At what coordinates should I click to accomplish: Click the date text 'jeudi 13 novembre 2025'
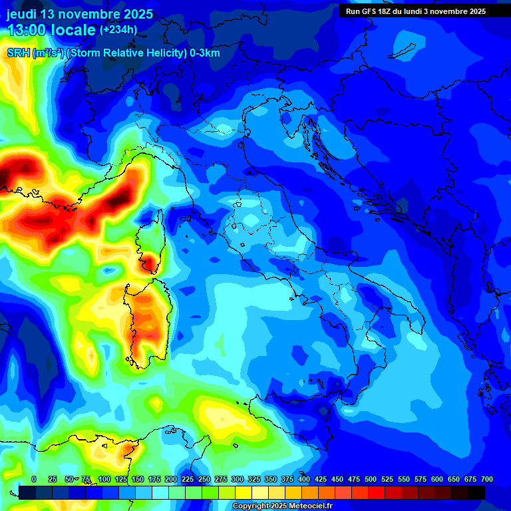(x=79, y=14)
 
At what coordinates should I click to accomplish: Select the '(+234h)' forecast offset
(x=118, y=29)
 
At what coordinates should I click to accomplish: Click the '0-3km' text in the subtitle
(x=205, y=53)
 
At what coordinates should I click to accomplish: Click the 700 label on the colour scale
(x=487, y=479)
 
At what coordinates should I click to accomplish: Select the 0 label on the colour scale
(x=34, y=479)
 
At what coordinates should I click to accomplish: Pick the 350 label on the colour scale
(x=271, y=479)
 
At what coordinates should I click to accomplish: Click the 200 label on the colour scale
(x=171, y=479)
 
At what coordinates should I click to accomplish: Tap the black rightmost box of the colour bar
(x=476, y=492)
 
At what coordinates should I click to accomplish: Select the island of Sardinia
(x=146, y=319)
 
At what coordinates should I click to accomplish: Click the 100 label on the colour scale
(x=104, y=479)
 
